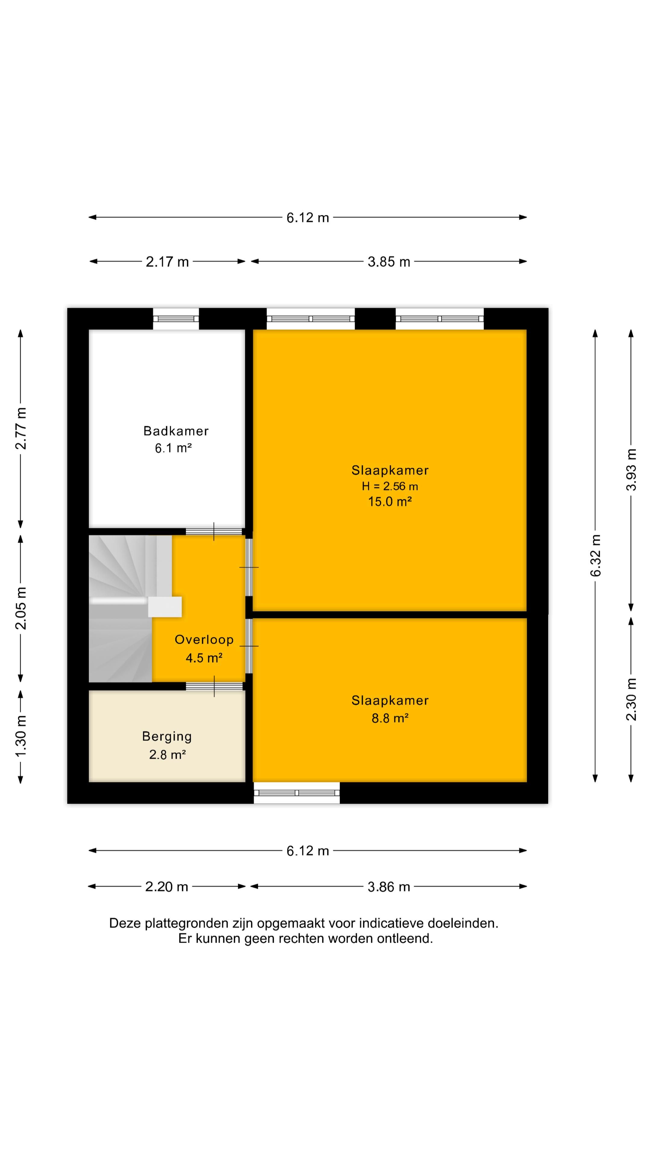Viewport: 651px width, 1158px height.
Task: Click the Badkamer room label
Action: point(176,431)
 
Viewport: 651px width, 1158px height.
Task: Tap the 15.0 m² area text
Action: point(390,502)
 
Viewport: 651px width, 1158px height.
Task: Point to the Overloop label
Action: point(204,640)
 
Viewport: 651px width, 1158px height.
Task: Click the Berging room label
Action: point(167,736)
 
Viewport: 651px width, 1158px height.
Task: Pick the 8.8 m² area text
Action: point(390,718)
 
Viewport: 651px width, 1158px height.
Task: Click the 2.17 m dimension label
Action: point(167,262)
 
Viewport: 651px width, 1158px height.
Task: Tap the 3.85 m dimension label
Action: point(389,262)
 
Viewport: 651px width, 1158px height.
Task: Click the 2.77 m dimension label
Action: point(21,429)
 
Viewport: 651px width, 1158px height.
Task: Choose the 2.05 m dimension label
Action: point(21,608)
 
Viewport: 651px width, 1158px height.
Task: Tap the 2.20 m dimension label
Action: point(167,887)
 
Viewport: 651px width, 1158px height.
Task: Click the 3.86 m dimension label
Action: point(389,887)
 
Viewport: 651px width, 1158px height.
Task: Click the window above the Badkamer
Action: point(176,319)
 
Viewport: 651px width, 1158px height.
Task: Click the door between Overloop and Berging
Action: point(214,686)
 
